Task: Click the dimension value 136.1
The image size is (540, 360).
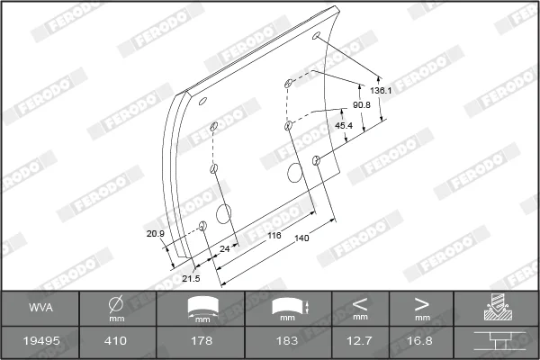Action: point(381,91)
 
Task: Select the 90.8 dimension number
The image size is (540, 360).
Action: point(362,105)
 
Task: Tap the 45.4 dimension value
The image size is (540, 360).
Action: point(344,126)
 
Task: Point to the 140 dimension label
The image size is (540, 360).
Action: point(301,238)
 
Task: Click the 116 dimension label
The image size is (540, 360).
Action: point(274,236)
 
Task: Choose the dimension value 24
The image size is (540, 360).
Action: point(224,248)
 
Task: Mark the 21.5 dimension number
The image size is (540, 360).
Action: point(191,278)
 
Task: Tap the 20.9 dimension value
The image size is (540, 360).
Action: point(156,234)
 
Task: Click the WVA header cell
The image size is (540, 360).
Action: point(40,307)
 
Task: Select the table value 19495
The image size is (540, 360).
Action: point(41,341)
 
